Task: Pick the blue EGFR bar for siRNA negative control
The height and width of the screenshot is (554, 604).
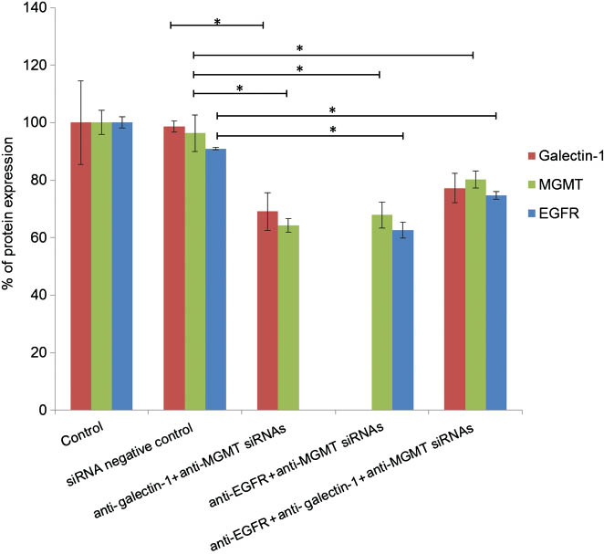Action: (215, 279)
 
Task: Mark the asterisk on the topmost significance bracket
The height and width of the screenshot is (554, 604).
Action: (217, 21)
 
